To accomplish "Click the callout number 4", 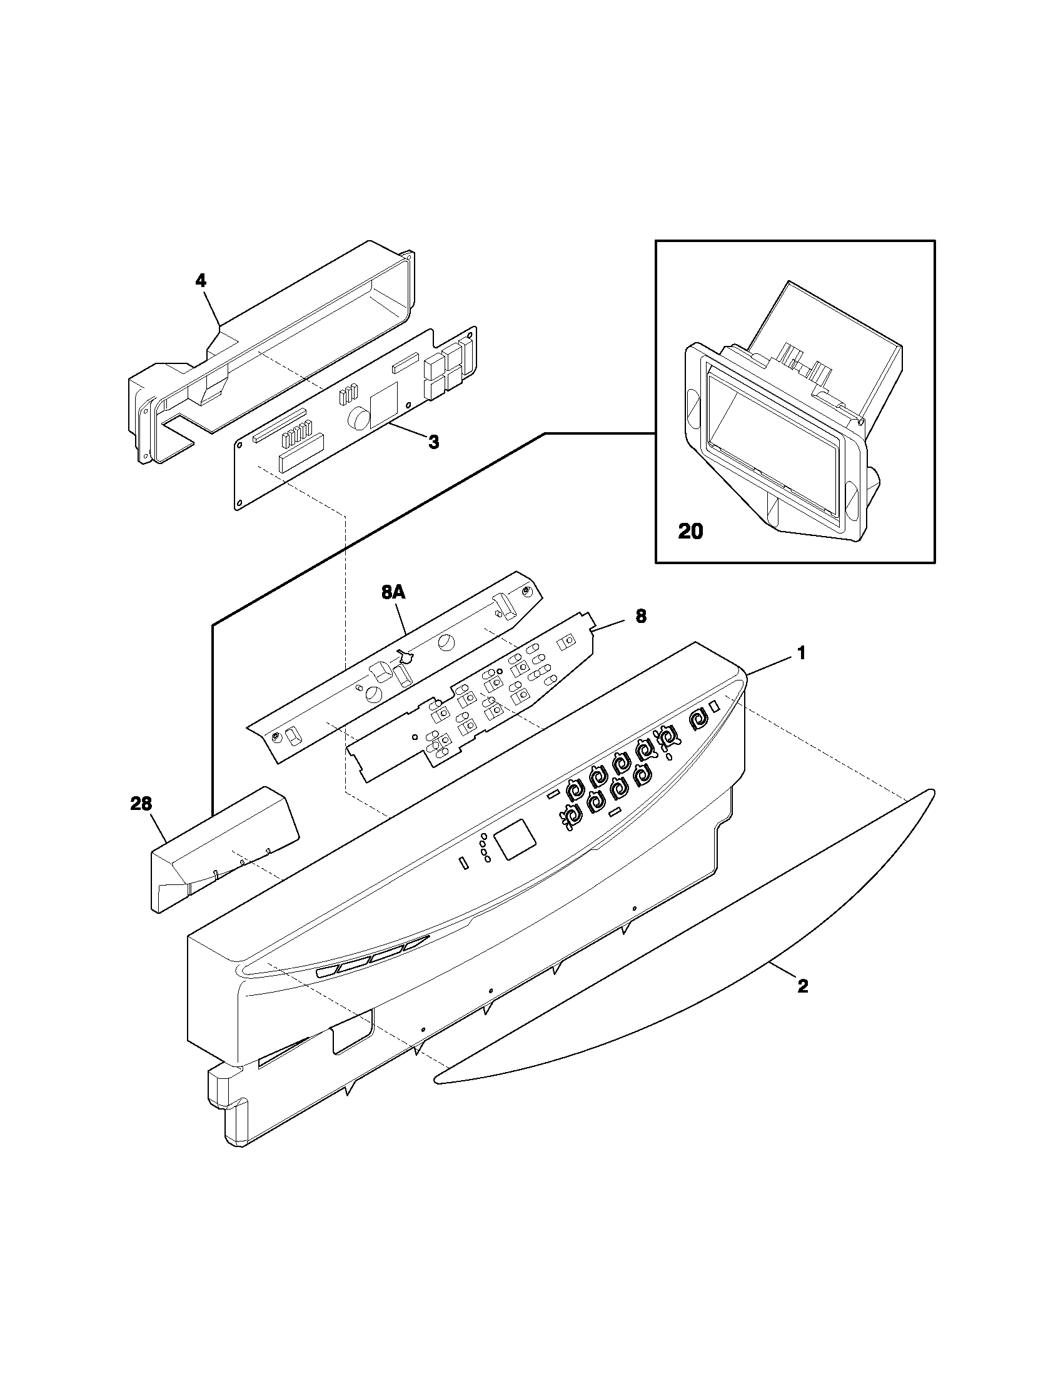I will [200, 281].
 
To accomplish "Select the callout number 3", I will [433, 442].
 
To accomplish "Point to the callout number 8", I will [640, 615].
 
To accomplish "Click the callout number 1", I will [801, 654].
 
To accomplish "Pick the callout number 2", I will [802, 986].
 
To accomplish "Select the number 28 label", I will [141, 803].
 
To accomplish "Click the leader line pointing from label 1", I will [769, 665].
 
